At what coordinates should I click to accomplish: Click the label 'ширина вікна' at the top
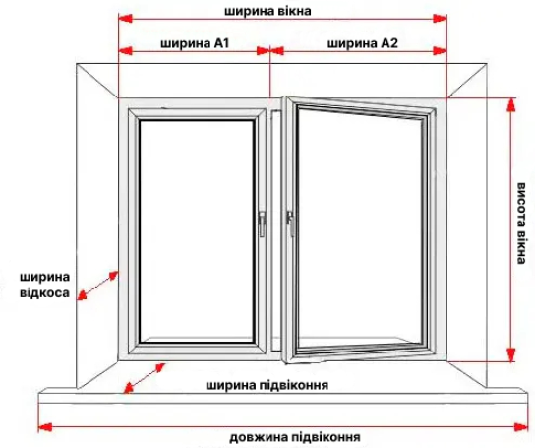tap(267, 11)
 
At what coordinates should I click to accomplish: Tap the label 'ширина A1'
tap(195, 43)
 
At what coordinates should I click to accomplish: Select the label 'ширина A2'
tap(363, 43)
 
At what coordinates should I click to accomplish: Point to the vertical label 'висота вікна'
tap(520, 224)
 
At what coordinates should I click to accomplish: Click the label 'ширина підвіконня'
tap(267, 385)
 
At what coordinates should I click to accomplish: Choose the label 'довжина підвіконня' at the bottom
tap(295, 437)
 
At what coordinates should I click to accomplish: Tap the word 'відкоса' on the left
tap(44, 292)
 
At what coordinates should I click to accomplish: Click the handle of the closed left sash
tap(262, 224)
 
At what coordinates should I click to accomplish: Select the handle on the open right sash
tap(290, 224)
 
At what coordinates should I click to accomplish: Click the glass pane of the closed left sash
tap(197, 231)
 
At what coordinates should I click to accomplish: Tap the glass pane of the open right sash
tap(360, 230)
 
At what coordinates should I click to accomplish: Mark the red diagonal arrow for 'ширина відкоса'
tap(97, 286)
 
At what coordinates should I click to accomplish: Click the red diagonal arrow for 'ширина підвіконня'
tap(144, 378)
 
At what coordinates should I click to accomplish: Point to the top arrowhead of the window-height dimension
tap(510, 105)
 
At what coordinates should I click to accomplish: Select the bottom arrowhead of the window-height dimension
tap(510, 354)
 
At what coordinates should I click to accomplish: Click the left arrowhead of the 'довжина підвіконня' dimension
tap(45, 427)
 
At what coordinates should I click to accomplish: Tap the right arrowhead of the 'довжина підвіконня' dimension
tap(520, 427)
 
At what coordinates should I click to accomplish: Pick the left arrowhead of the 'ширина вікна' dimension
tap(125, 19)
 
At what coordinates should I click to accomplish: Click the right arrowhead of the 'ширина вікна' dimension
tap(440, 19)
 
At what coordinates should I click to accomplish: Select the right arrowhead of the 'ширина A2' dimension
tap(440, 51)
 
